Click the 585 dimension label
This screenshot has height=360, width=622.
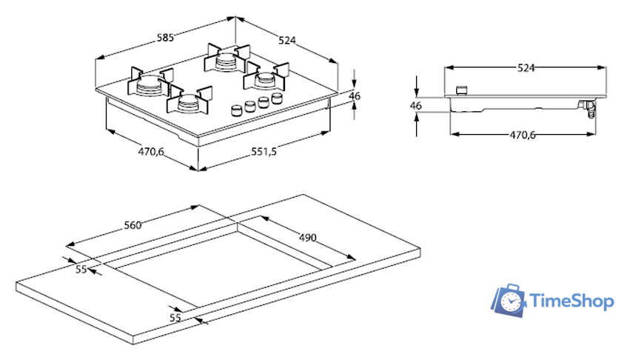click(165, 38)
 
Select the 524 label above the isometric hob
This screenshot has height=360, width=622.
click(287, 40)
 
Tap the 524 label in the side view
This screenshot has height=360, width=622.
click(526, 68)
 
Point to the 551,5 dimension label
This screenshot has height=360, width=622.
click(264, 151)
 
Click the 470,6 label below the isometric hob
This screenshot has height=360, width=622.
click(151, 151)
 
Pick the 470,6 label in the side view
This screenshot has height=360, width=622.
click(523, 135)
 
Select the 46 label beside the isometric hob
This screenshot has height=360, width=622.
click(355, 96)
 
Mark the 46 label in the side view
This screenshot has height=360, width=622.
click(415, 106)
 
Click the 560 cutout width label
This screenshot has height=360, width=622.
click(133, 225)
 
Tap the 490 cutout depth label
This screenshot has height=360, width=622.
click(307, 238)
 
